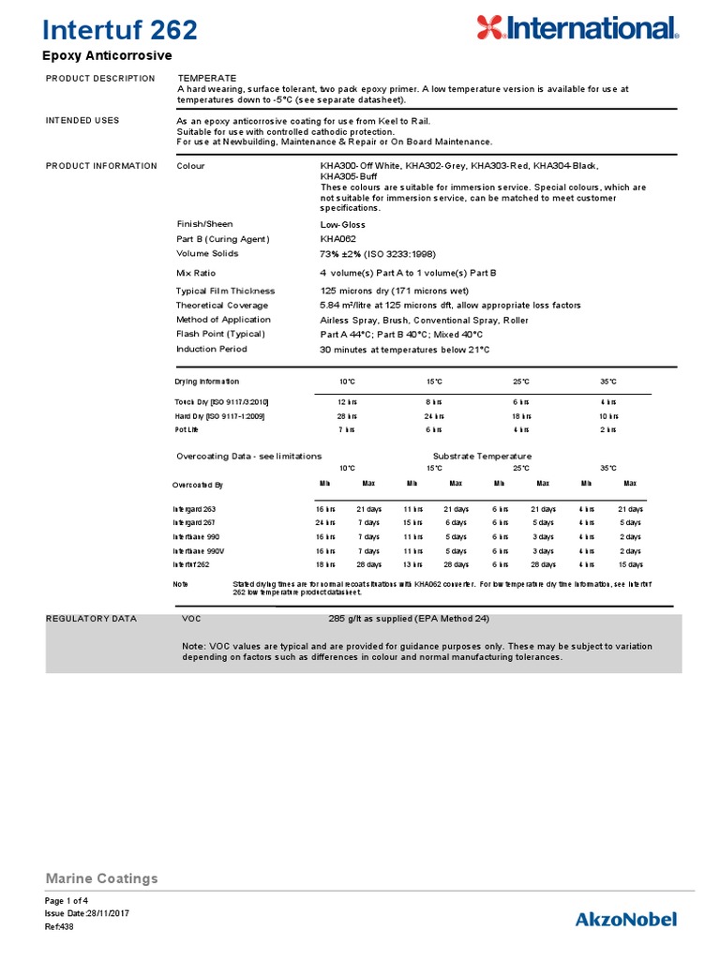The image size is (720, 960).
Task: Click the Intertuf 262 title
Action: pyautogui.click(x=121, y=30)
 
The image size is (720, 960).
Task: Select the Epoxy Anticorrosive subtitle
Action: pyautogui.click(x=109, y=57)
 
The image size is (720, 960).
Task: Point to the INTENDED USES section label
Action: pyautogui.click(x=82, y=121)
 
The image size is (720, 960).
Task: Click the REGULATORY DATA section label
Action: pyautogui.click(x=91, y=619)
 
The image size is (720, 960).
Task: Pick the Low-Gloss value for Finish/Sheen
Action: pyautogui.click(x=343, y=225)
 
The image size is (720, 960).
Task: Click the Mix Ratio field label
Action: pyautogui.click(x=196, y=273)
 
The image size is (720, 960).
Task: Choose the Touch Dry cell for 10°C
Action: pyautogui.click(x=347, y=401)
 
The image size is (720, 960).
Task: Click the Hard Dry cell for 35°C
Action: pyautogui.click(x=608, y=415)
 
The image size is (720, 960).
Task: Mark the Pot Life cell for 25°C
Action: pyautogui.click(x=521, y=429)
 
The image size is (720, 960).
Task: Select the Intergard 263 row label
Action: pyautogui.click(x=194, y=508)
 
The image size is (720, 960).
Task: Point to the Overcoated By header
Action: pyautogui.click(x=198, y=485)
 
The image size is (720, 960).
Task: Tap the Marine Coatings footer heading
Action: pyautogui.click(x=101, y=878)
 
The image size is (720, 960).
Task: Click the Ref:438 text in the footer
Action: pyautogui.click(x=59, y=926)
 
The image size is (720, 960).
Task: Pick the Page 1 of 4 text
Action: pyautogui.click(x=67, y=900)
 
